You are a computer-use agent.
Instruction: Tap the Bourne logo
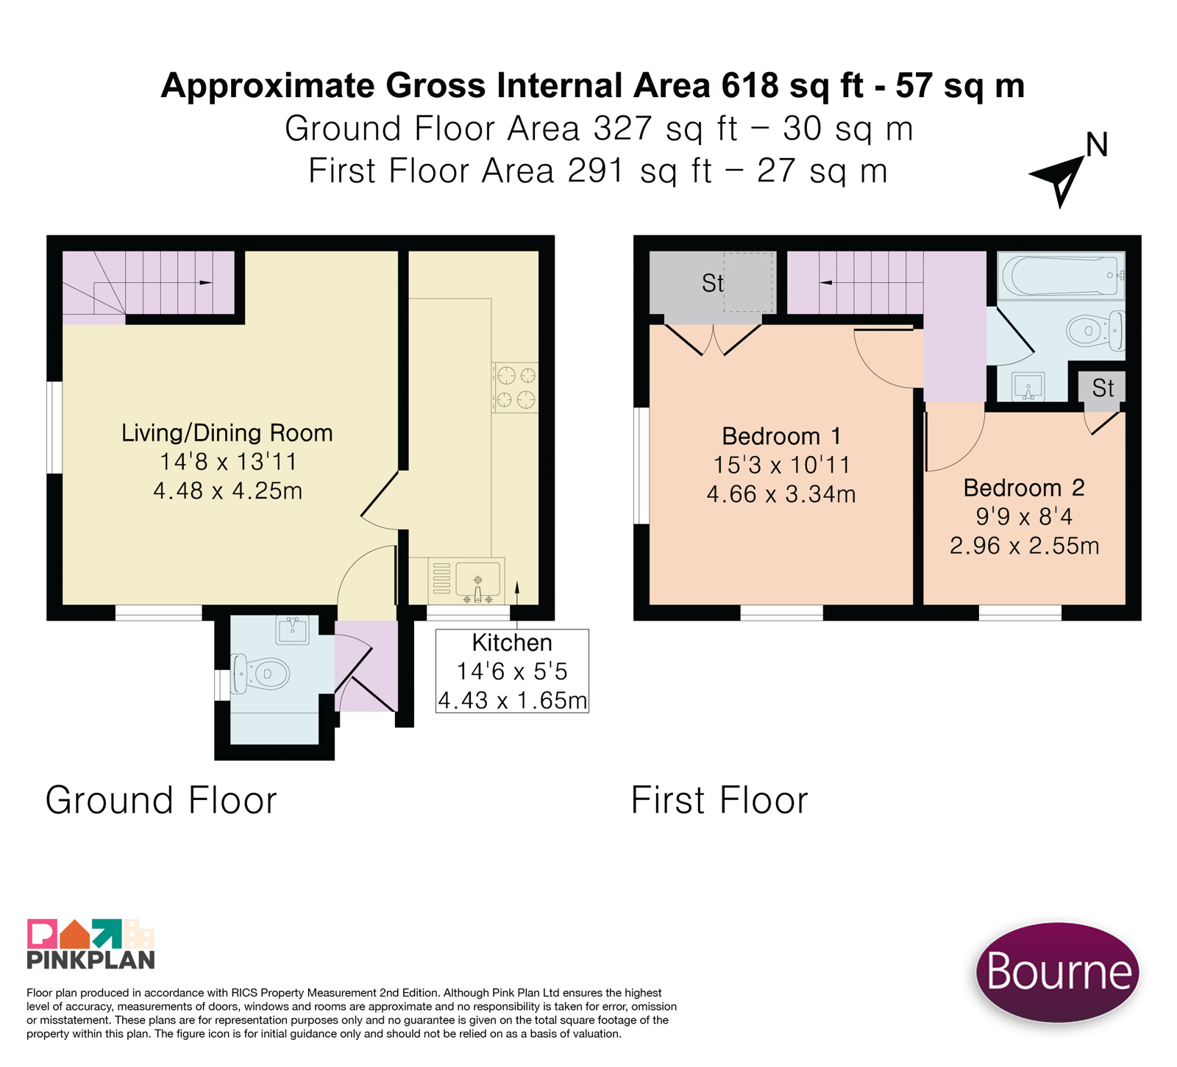1057,971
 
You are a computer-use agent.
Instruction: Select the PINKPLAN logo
90,943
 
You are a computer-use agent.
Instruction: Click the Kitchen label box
512,671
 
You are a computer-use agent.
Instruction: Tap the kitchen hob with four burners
515,388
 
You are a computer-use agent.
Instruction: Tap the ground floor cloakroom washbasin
293,629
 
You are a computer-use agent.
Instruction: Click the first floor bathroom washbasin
1028,387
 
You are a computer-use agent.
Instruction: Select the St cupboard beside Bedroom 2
1102,388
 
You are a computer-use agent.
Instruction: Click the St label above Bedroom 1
713,283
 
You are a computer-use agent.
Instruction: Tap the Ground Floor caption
161,800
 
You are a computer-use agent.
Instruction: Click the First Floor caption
719,800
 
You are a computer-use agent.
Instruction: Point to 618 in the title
750,85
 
